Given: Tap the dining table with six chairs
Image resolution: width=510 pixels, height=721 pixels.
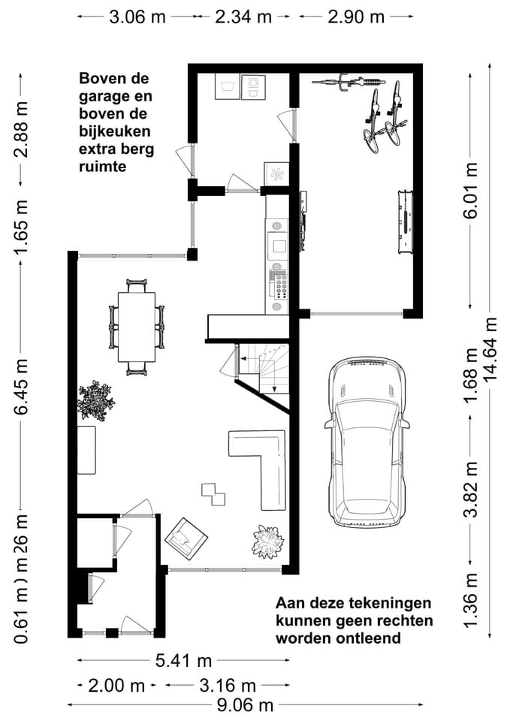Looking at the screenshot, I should click(136, 327).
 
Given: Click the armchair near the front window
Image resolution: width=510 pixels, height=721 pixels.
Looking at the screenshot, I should click(186, 538).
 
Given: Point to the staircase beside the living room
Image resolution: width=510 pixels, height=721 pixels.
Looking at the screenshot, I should click(263, 372).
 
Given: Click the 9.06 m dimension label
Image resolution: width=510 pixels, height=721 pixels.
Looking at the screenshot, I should click(244, 704).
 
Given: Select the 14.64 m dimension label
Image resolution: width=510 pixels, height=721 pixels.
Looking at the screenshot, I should click(492, 349).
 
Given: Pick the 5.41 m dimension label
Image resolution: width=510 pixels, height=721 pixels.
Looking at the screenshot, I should click(183, 661).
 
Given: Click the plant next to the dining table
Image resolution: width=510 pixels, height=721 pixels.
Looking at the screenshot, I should click(95, 400).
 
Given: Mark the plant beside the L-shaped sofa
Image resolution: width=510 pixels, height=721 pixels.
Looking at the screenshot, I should click(267, 541).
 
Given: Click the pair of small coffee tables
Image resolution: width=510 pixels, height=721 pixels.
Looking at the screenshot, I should click(213, 493).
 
